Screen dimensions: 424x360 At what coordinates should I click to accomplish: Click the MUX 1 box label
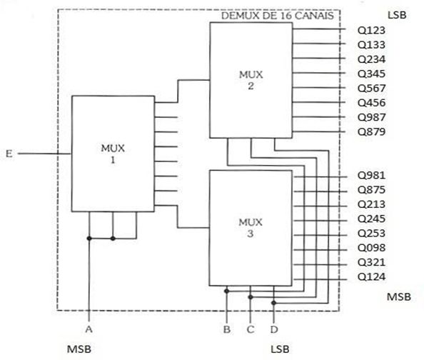(113, 154)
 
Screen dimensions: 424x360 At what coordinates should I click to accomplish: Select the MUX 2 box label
(251, 80)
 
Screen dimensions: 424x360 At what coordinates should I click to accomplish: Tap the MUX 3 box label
(251, 228)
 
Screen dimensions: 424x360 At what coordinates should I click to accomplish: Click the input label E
(9, 154)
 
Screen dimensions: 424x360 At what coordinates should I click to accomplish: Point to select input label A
(89, 329)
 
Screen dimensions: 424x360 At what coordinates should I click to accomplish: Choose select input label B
(227, 329)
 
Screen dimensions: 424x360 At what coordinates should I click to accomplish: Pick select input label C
(251, 329)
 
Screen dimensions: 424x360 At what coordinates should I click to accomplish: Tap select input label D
(274, 329)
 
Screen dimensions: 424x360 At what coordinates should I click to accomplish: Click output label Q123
(371, 30)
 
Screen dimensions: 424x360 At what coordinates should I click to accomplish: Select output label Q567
(371, 89)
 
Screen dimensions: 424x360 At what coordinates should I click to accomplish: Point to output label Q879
(371, 132)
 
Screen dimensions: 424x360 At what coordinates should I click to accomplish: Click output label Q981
(371, 176)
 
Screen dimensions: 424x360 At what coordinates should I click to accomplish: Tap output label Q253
(371, 234)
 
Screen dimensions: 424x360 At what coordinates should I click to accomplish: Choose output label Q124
(371, 277)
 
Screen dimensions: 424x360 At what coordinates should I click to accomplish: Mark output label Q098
(371, 248)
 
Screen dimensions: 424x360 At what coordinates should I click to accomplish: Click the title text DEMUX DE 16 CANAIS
(278, 16)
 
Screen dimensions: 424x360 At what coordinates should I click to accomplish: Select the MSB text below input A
(79, 349)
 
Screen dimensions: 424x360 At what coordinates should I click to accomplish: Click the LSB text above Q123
(397, 15)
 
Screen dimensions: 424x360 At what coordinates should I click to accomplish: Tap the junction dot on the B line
(227, 291)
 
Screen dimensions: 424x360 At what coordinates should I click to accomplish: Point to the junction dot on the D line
(273, 303)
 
